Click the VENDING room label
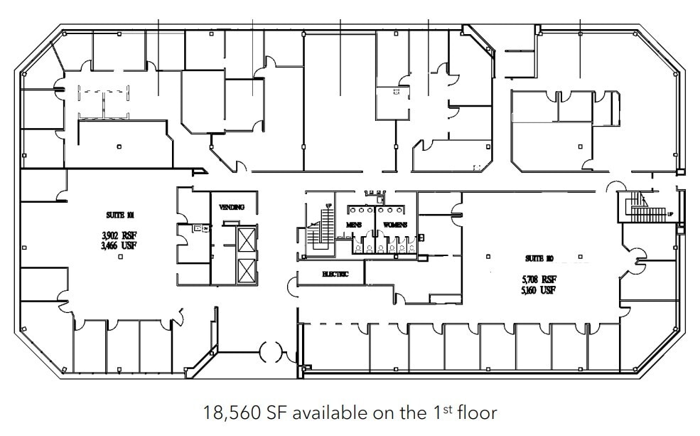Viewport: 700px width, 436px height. click(232, 207)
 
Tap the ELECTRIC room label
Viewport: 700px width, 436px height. click(335, 274)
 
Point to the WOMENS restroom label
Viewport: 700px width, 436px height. click(394, 225)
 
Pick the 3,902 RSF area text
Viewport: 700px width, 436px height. click(119, 236)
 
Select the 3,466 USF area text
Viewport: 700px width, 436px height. click(119, 246)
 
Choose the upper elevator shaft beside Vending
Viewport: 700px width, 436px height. click(245, 240)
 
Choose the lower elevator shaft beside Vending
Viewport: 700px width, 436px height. click(245, 271)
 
